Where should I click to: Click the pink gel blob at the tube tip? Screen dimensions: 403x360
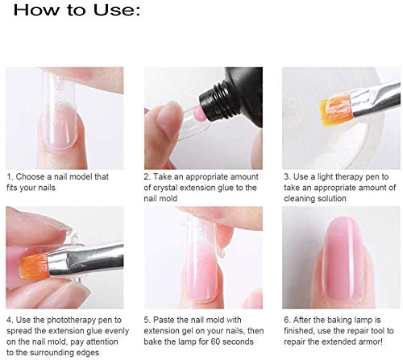[x=198, y=113]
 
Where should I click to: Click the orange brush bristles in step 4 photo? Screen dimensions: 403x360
[x=35, y=266]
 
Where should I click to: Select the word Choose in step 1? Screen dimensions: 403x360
[x=31, y=176]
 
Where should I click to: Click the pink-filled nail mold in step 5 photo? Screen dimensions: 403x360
[x=200, y=258]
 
